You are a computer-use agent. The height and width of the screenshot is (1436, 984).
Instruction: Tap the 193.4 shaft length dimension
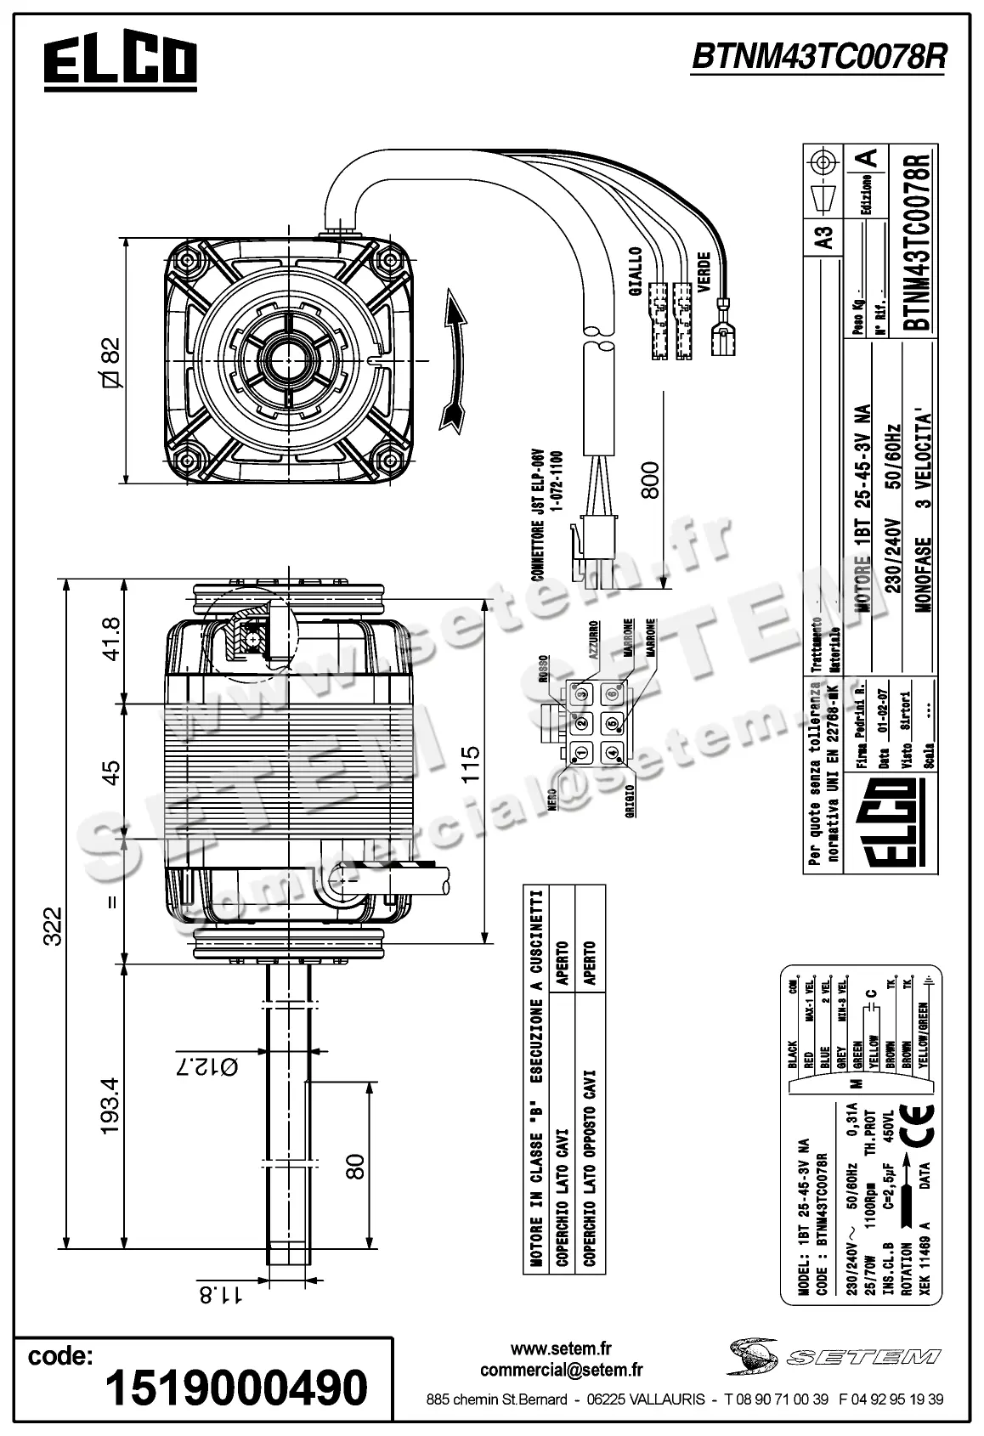pos(110,1105)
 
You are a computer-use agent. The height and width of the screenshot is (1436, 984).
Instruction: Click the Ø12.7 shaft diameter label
pos(206,1065)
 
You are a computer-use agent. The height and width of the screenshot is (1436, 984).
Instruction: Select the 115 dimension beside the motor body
pos(469,764)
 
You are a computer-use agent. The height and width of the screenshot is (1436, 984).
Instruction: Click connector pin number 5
pos(612,724)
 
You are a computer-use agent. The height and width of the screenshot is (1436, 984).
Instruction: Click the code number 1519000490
pos(236,1387)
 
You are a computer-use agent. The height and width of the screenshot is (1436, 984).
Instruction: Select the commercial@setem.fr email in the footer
pos(561,1370)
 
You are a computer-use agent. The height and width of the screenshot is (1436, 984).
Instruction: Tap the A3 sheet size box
pos(823,235)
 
